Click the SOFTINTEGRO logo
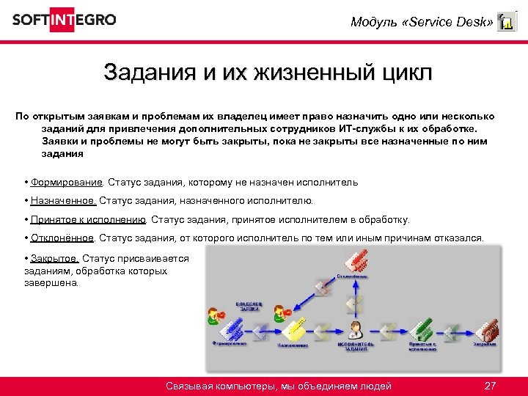point(64,20)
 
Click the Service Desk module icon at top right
point(506,22)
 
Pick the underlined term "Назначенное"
point(63,200)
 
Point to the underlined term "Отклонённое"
point(62,238)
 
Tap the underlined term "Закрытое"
point(55,258)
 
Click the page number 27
point(491,386)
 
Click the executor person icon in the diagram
point(356,328)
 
